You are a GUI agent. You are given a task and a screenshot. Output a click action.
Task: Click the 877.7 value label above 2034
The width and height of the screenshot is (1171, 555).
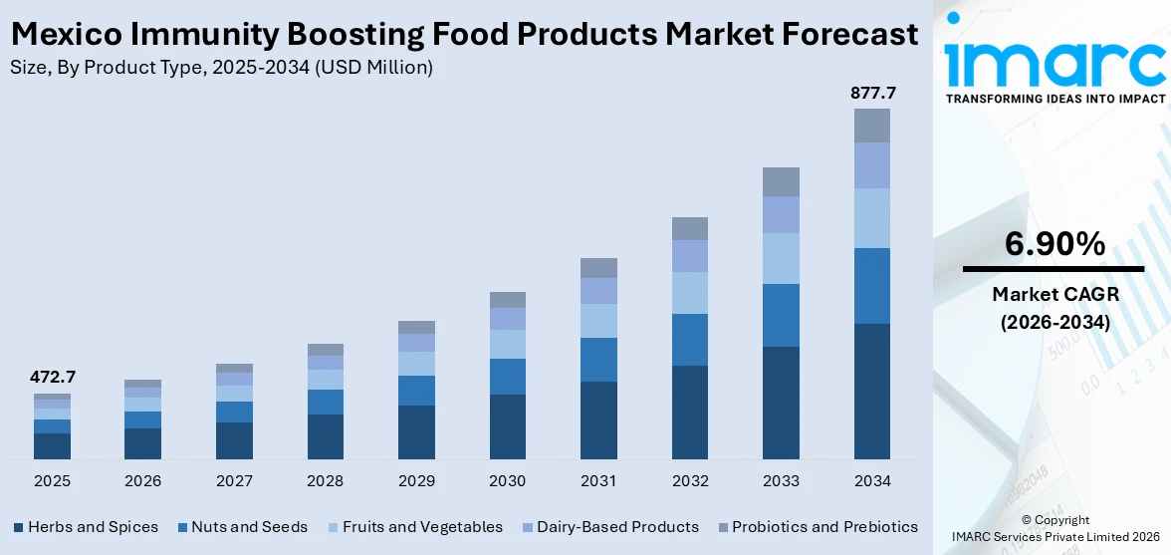872,93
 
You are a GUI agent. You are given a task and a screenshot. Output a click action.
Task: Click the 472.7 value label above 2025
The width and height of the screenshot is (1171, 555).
52,378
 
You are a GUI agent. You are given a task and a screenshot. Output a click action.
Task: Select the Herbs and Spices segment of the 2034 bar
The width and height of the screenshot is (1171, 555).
872,391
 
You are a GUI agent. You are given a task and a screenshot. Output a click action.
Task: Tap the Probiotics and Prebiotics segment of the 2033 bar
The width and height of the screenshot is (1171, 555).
781,181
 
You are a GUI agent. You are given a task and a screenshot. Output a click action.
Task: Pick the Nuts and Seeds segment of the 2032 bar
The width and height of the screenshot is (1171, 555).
690,340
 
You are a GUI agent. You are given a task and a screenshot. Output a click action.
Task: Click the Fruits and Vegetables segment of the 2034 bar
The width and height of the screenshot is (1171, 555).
872,218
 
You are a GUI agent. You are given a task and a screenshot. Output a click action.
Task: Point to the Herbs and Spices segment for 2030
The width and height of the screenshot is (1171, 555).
508,426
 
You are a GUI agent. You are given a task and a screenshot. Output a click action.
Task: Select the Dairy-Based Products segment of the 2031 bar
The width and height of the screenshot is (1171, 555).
598,291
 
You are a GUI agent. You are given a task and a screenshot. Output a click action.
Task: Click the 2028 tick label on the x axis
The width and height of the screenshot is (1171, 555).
326,481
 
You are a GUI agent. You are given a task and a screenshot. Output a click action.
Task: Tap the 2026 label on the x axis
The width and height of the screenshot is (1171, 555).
143,481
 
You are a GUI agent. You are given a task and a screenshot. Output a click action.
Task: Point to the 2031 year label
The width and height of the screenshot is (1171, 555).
598,481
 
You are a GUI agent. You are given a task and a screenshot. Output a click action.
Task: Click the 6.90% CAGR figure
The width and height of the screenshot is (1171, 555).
1054,243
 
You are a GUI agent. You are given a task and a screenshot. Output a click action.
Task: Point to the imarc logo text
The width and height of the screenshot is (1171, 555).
1054,62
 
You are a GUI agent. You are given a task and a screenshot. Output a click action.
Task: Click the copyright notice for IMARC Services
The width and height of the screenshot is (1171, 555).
1054,529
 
